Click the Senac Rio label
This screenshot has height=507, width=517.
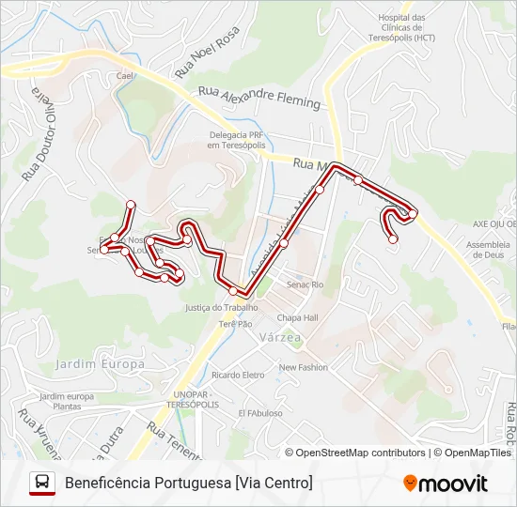305,284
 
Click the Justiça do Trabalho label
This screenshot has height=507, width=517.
222,307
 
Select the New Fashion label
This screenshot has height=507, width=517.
303,367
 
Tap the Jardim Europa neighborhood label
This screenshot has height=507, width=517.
101,363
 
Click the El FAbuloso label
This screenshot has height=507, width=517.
260,413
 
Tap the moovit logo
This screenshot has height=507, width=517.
446,484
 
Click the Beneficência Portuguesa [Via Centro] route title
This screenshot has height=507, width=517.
189,483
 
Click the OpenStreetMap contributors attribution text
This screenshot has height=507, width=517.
360,453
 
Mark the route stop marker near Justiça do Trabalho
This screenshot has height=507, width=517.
233,291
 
